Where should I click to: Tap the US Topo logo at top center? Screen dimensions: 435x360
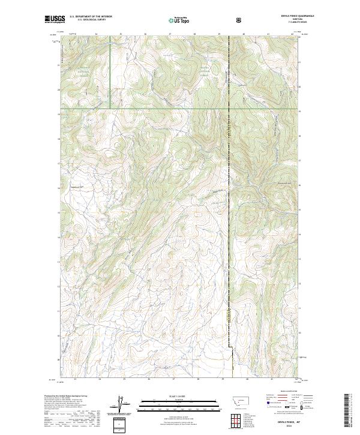click(179, 19)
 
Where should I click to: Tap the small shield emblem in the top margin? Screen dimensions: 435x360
click(223, 19)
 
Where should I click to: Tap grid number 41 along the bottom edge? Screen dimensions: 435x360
click(272, 379)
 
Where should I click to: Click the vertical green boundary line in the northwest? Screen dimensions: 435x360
click(110, 72)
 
